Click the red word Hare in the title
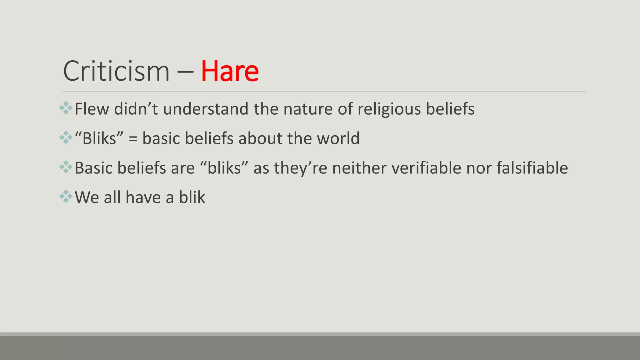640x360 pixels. pyautogui.click(x=230, y=71)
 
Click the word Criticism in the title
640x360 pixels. pyautogui.click(x=116, y=71)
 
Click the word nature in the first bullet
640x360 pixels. pyautogui.click(x=308, y=109)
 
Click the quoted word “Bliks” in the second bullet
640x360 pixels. pyautogui.click(x=99, y=138)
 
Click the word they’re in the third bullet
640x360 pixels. pyautogui.click(x=300, y=168)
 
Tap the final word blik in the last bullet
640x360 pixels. pyautogui.click(x=192, y=197)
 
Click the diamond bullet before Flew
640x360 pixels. pyautogui.click(x=66, y=108)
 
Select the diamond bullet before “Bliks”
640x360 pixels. pyautogui.click(x=66, y=137)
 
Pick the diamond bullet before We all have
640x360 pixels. pyautogui.click(x=66, y=197)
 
